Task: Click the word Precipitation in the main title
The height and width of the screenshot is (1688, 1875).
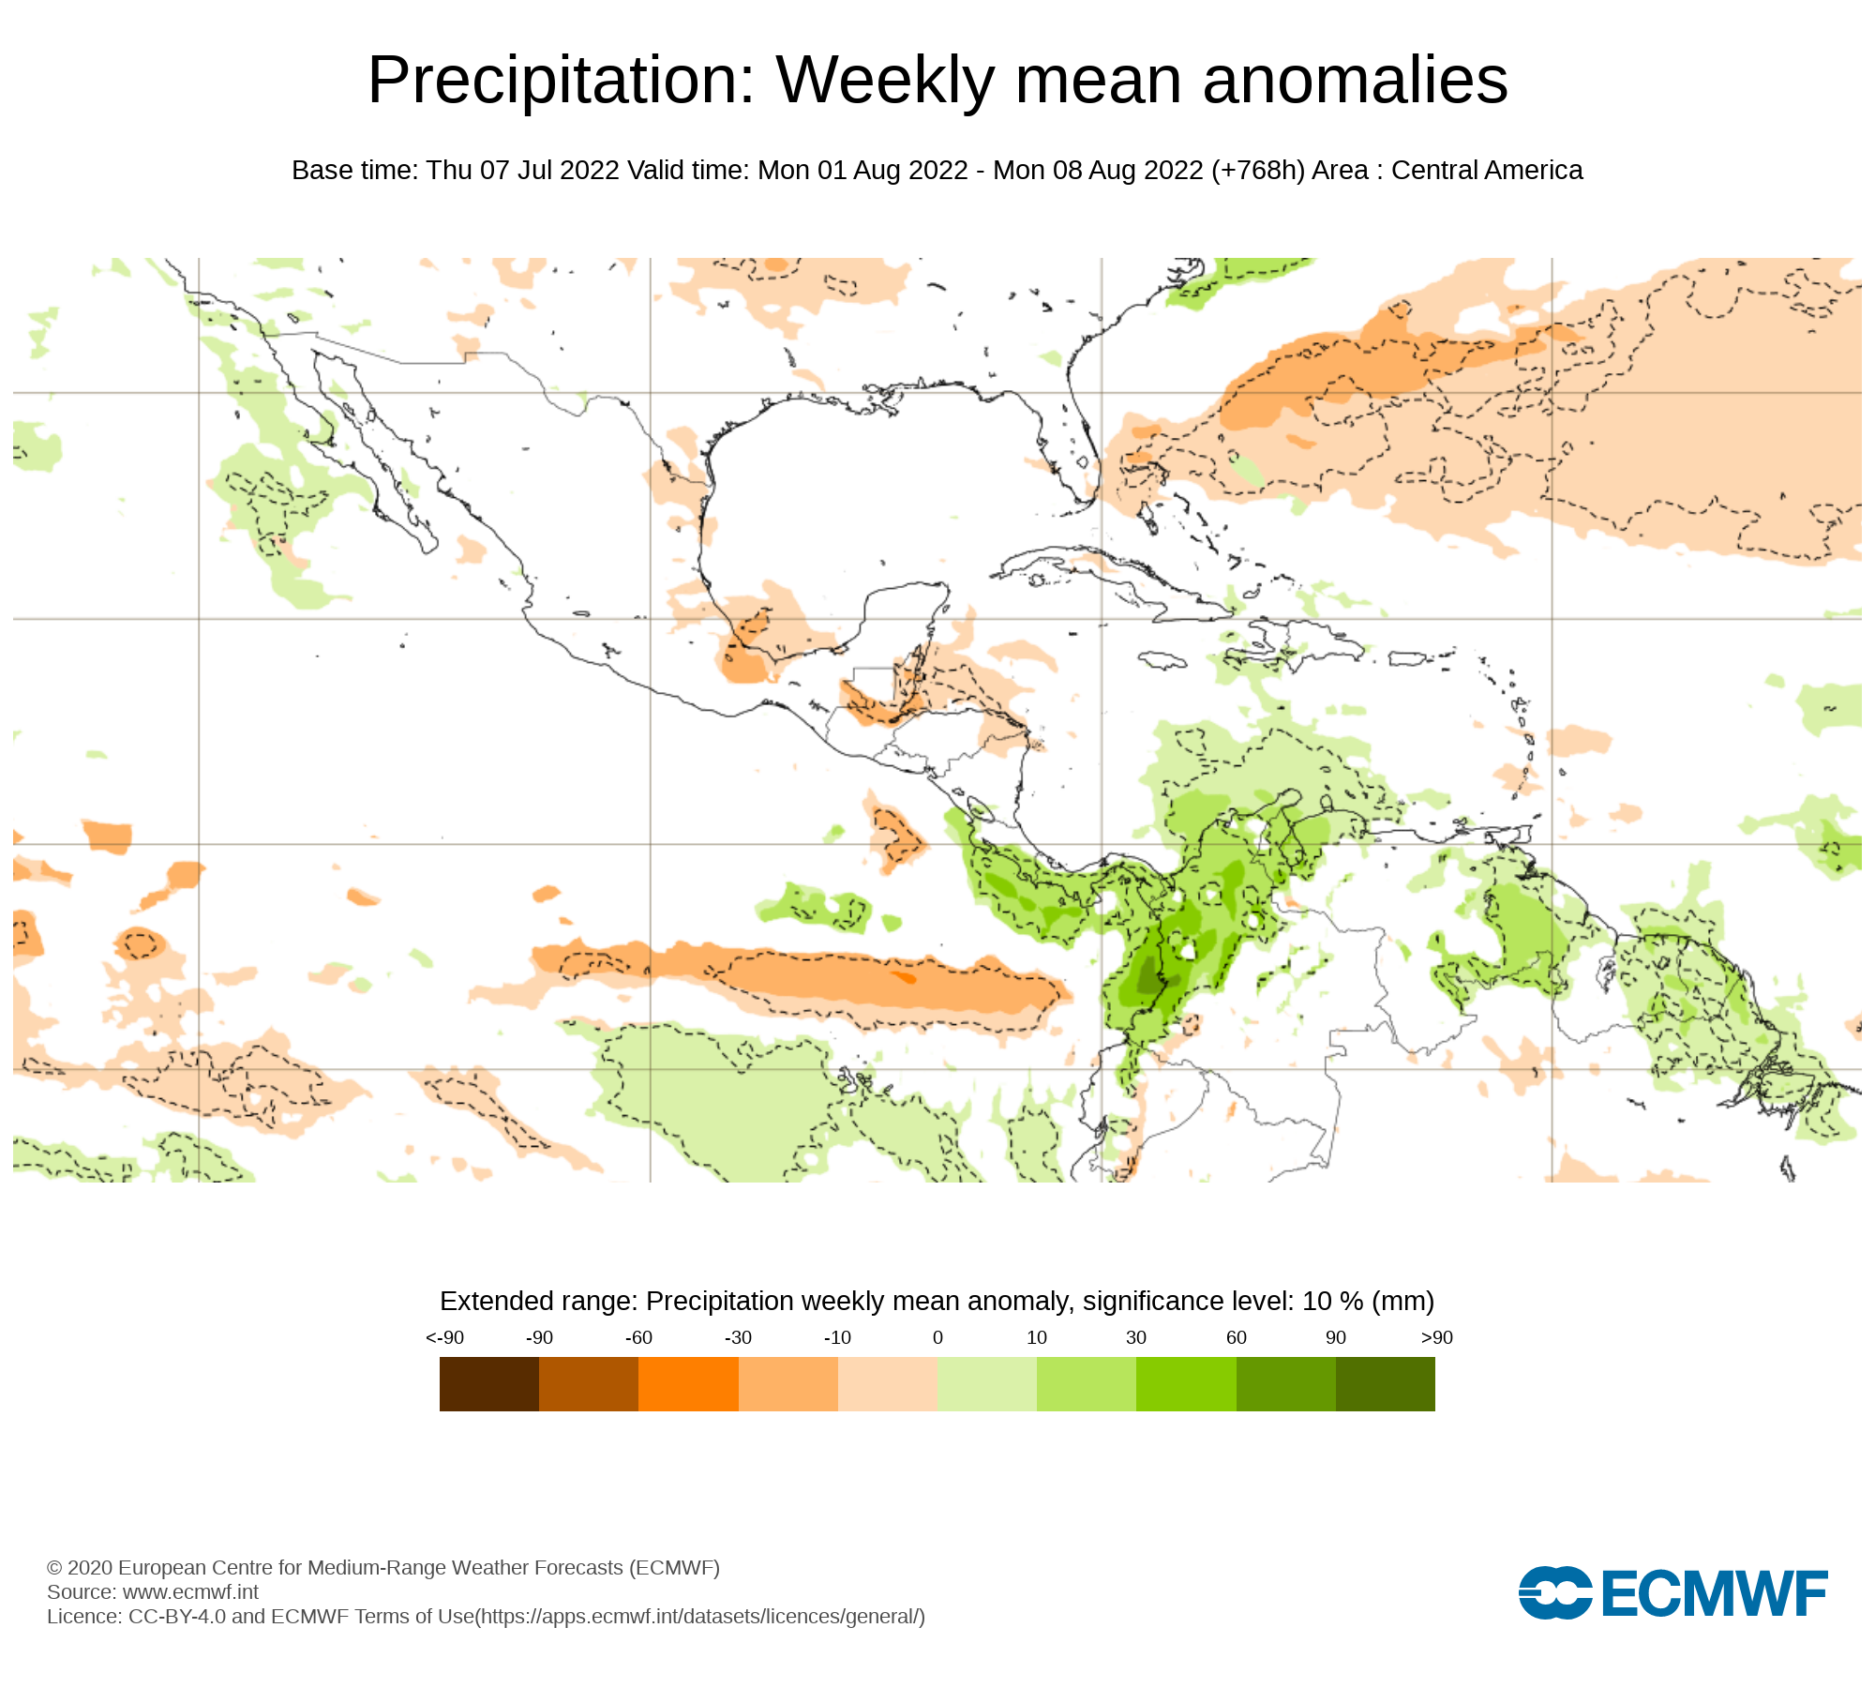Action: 561,81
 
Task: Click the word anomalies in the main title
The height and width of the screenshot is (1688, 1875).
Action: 1355,81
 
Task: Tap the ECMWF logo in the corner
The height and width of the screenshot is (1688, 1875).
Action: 1672,1592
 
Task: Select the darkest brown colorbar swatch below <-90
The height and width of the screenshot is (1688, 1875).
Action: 488,1384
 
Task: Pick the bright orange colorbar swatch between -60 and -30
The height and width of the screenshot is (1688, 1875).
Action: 688,1384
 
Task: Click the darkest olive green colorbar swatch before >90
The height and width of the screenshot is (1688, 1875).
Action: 1385,1384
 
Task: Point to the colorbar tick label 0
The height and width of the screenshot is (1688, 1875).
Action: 937,1338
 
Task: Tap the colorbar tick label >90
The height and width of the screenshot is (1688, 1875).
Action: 1436,1338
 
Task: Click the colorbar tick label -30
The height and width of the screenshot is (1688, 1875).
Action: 738,1338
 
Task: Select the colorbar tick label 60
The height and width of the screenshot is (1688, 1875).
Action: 1237,1338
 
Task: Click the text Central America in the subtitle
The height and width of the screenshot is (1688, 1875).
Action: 1487,171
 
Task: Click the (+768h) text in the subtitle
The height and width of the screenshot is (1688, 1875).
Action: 1257,171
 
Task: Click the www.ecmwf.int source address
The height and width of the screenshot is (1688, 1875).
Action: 190,1591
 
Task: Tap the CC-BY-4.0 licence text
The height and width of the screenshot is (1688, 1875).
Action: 177,1616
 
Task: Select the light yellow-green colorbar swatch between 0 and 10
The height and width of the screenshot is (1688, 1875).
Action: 986,1384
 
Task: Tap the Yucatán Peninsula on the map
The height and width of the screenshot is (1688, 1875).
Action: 900,619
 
